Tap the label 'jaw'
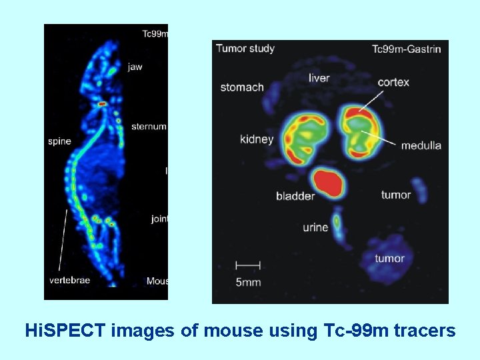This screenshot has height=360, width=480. coord(135,67)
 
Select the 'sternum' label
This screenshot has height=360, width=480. coord(148,126)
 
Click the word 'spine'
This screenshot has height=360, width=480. coord(59,141)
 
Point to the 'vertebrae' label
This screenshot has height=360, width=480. coord(69,280)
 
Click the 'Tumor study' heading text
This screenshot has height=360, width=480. coord(245,48)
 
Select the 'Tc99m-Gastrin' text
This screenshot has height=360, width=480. coord(406,49)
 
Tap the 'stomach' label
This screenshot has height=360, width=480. coord(242,87)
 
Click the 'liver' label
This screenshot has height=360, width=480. coord(319,78)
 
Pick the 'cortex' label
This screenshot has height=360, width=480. coord(393,82)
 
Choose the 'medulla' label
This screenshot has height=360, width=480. coord(421,145)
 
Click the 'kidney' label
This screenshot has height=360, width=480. coord(257,139)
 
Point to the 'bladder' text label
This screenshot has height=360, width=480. coord(295,196)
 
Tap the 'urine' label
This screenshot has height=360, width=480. coord(315,227)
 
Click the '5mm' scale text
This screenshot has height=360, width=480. coord(248,282)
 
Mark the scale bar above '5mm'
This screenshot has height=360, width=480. coord(248,265)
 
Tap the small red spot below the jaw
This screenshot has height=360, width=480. coord(101,104)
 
